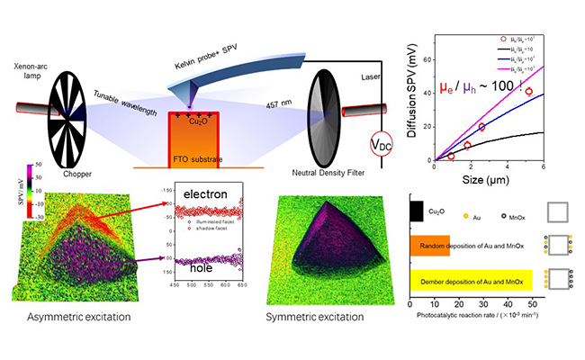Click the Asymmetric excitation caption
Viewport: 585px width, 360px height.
(80, 318)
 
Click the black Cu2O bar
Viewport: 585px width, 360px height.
(417, 211)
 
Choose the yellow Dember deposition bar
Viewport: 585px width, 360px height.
(471, 282)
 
